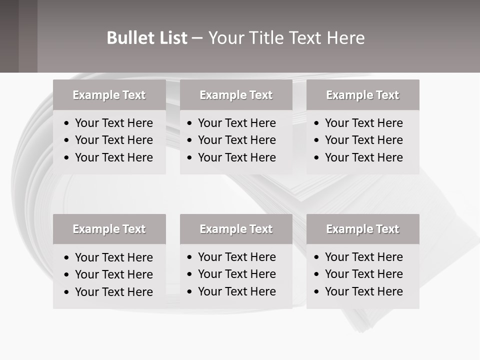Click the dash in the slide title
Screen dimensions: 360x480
click(x=197, y=38)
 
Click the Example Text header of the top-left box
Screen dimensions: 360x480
click(x=109, y=95)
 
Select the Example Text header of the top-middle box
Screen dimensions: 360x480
click(x=236, y=95)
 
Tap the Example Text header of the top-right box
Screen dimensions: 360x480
click(x=362, y=95)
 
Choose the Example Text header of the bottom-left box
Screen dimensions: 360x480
click(x=109, y=229)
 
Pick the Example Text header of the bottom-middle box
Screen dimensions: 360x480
click(x=236, y=229)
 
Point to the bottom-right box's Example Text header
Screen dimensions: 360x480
click(x=362, y=229)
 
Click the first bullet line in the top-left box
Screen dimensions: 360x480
click(x=113, y=123)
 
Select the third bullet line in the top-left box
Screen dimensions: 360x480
click(x=113, y=157)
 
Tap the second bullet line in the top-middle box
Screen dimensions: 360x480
click(x=236, y=140)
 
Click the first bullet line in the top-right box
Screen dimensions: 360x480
click(x=363, y=123)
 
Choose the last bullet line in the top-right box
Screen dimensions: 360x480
click(x=363, y=157)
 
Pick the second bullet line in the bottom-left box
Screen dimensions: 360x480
click(x=113, y=274)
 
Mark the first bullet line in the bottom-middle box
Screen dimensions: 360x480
click(x=236, y=257)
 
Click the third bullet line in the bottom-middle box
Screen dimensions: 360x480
click(x=236, y=291)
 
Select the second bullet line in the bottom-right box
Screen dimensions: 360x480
click(x=363, y=274)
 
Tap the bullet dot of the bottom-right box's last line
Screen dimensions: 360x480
click(x=316, y=291)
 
